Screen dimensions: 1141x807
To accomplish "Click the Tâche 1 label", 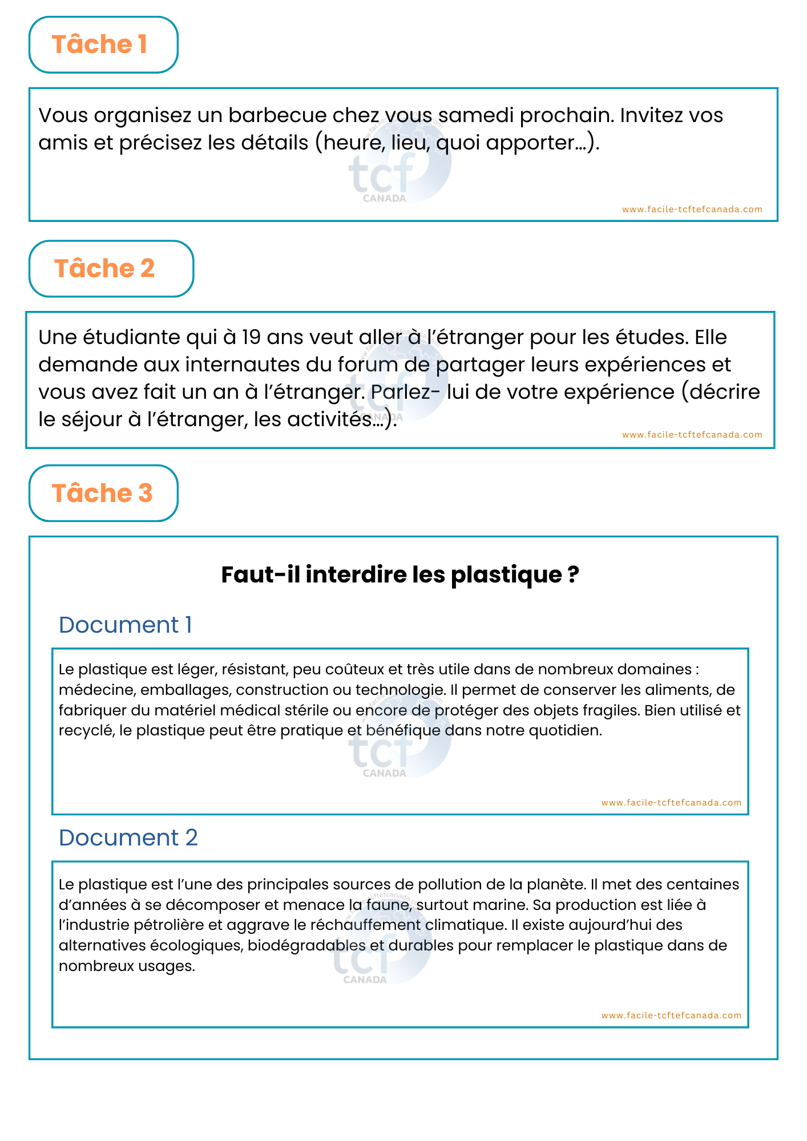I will (x=100, y=44).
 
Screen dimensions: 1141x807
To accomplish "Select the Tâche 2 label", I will (x=104, y=269).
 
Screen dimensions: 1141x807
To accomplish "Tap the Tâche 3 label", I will (x=102, y=493).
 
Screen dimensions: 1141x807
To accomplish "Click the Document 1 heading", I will (x=125, y=625).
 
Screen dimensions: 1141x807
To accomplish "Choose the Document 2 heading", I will (x=128, y=837).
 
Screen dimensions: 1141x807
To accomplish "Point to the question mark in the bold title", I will (x=574, y=574).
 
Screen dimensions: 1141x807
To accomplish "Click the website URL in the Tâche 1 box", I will (x=692, y=209).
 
